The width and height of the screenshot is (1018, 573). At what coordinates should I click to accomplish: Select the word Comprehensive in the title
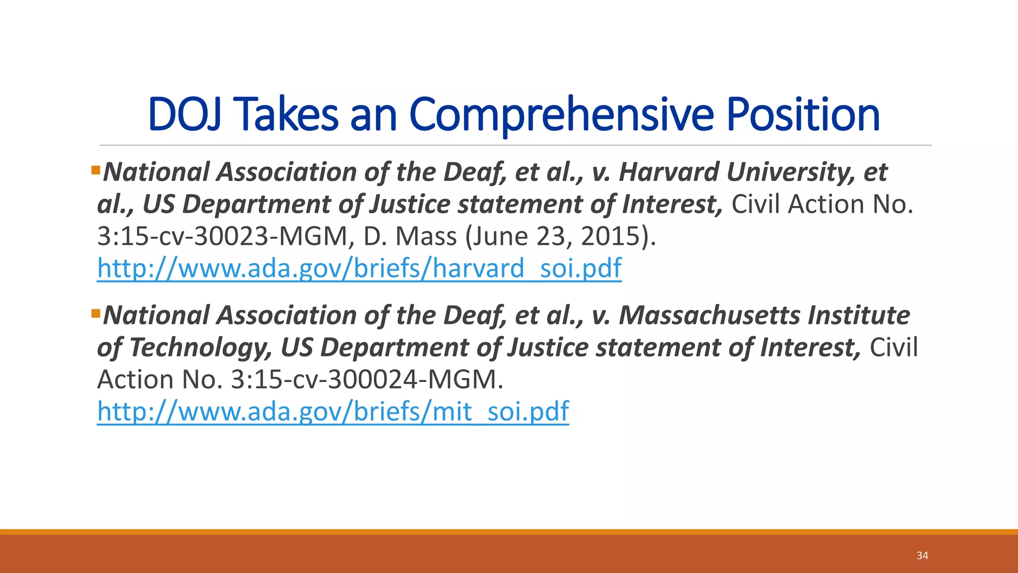click(x=561, y=115)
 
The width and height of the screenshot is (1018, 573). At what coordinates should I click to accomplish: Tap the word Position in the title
click(x=803, y=115)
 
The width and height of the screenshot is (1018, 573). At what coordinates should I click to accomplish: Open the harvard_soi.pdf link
click(x=359, y=268)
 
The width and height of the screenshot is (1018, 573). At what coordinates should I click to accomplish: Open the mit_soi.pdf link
click(x=333, y=411)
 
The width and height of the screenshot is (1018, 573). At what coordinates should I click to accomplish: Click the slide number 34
click(x=922, y=556)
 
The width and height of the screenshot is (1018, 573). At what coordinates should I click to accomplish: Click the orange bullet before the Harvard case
click(x=96, y=171)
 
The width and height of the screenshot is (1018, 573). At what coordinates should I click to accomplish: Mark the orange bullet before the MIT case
click(x=96, y=314)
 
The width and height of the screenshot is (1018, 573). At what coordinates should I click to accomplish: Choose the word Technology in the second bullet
click(x=201, y=347)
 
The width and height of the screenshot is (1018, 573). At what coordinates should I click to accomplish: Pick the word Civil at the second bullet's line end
click(x=893, y=347)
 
